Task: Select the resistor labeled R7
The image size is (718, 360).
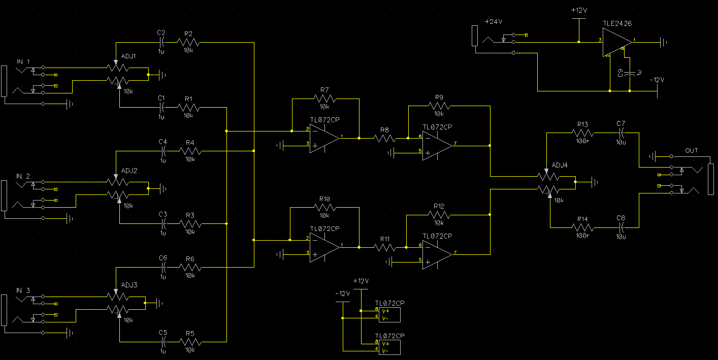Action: tap(325, 99)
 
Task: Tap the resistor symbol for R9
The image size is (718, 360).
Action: tap(439, 106)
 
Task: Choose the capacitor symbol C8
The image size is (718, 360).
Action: tap(621, 228)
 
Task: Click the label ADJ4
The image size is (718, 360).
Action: tap(560, 165)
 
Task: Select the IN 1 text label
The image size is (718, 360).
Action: tap(23, 61)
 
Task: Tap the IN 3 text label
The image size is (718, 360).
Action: tap(23, 290)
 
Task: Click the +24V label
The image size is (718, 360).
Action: tap(493, 22)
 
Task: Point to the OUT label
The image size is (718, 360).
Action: tap(691, 151)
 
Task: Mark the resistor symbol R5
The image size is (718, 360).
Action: tap(190, 342)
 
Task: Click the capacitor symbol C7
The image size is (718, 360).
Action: tap(621, 133)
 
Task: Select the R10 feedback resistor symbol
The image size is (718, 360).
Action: tap(325, 207)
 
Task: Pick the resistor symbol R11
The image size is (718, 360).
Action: tap(384, 247)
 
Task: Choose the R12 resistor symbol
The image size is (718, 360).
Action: tap(439, 215)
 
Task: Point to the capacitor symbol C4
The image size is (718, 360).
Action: tap(164, 151)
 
